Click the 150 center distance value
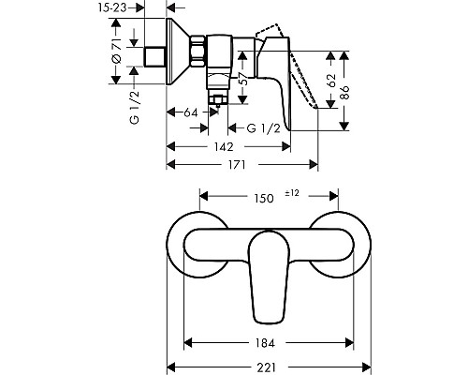pyautogui.click(x=265, y=198)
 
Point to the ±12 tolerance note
pyautogui.click(x=292, y=194)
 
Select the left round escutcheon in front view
pyautogui.click(x=198, y=251)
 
